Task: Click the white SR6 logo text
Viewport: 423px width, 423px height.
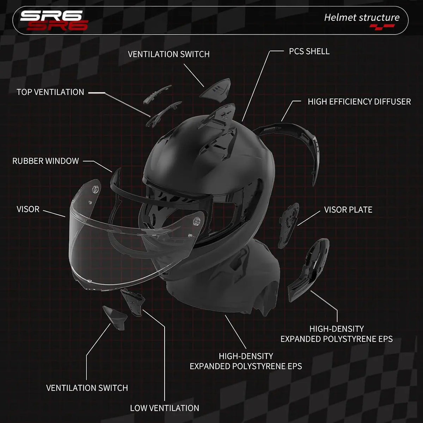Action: pos(51,16)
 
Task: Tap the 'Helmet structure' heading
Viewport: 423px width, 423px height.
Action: pos(362,18)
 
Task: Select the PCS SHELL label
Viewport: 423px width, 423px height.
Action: pos(309,51)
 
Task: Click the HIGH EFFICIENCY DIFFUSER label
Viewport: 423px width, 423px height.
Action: pos(359,102)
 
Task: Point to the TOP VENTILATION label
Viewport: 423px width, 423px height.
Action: pos(50,92)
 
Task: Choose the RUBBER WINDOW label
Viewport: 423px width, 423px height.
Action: pos(45,161)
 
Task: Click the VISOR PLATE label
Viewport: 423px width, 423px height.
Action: pos(348,210)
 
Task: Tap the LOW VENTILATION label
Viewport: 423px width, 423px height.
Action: pos(165,408)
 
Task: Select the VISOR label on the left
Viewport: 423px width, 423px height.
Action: pos(28,209)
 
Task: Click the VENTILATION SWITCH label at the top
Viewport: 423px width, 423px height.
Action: pos(168,54)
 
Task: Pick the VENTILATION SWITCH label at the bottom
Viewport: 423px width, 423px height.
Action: pos(87,388)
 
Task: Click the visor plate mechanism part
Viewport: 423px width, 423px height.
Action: pos(289,225)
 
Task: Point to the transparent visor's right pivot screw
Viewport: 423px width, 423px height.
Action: pos(197,221)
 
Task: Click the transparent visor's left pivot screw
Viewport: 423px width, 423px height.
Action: pos(95,189)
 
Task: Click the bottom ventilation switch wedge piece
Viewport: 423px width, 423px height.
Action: pos(115,317)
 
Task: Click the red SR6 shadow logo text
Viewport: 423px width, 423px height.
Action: pos(57,25)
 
